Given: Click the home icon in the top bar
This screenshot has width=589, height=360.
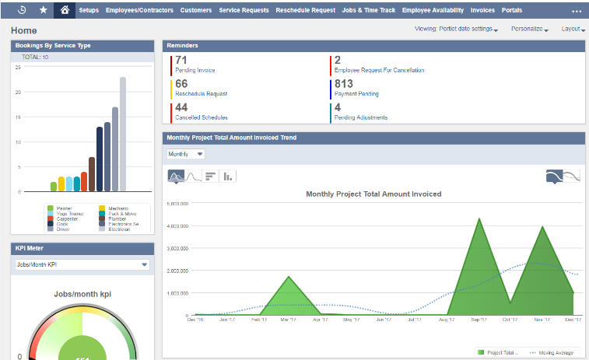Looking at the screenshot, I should (x=65, y=11).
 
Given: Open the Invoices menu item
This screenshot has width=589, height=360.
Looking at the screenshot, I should (x=482, y=11).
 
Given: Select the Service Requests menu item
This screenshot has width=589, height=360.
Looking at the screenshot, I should (x=244, y=11).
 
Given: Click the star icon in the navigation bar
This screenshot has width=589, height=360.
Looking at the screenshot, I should (x=43, y=11).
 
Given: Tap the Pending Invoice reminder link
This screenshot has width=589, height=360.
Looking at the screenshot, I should (x=195, y=70).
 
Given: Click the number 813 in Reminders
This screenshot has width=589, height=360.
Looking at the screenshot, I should (x=343, y=84).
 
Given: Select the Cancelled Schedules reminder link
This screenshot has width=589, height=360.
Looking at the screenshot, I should (x=202, y=117).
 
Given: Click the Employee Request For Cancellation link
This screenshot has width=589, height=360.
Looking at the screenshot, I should (x=379, y=70).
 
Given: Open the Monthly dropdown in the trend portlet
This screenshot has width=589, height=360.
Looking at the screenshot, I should (x=186, y=154).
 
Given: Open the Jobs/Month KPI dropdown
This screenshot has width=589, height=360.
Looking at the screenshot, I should (x=82, y=264).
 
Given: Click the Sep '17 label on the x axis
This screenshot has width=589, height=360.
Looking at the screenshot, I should (x=479, y=319).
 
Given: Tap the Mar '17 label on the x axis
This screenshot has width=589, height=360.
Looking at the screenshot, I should (x=287, y=319).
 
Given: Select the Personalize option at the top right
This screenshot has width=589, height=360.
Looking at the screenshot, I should (x=529, y=29).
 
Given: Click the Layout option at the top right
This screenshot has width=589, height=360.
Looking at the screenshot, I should (x=572, y=29).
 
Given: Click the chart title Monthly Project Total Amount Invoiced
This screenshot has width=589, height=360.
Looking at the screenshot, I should (x=373, y=194).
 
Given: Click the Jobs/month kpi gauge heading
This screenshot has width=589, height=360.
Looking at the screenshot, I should (x=82, y=295).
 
